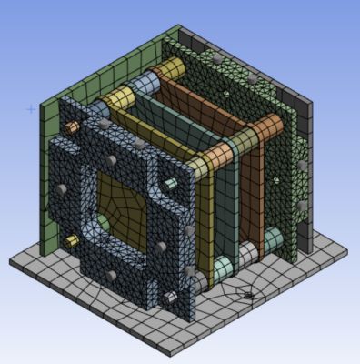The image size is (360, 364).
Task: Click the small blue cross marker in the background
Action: pyautogui.click(x=31, y=109)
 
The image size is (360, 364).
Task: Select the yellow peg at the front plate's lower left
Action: pyautogui.click(x=71, y=241)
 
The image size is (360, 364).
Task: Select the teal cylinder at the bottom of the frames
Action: pyautogui.click(x=225, y=266)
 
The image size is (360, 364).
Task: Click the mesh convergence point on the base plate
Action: pyautogui.click(x=245, y=293)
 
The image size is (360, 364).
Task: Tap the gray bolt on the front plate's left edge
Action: pyautogui.click(x=55, y=187)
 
